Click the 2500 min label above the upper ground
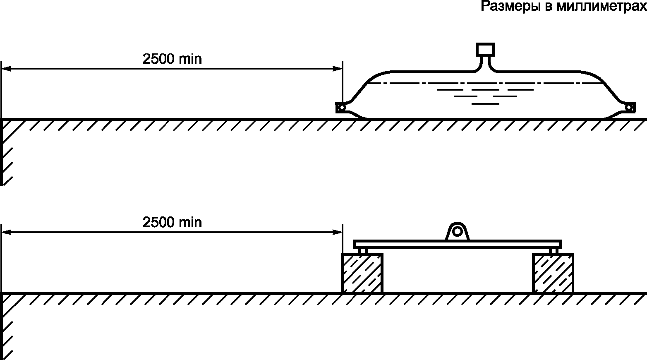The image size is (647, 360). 172,59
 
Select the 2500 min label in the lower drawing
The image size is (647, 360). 172,223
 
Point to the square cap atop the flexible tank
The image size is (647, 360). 485,49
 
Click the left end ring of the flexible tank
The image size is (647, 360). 341,108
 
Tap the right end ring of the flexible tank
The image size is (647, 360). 629,108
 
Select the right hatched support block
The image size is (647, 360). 553,273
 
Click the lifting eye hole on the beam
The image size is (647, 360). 457,230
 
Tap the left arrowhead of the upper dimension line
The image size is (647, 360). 6,69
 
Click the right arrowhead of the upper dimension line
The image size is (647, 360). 338,69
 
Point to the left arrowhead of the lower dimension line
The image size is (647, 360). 6,233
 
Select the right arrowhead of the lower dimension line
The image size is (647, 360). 338,233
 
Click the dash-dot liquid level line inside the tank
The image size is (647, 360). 484,83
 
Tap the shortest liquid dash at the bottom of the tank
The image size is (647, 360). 485,103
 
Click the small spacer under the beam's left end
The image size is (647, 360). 363,251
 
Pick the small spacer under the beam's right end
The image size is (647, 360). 554,251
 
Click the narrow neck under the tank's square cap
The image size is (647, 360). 485,63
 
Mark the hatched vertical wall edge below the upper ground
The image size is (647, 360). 2,153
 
